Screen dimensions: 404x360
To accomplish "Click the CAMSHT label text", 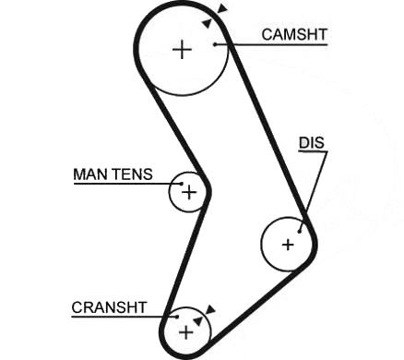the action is (x=294, y=34).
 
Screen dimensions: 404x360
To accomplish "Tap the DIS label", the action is (x=312, y=143).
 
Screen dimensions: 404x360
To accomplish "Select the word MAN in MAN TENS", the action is (x=91, y=174).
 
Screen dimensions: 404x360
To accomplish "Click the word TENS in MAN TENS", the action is (x=133, y=174).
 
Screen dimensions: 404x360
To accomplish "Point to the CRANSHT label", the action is (x=109, y=307).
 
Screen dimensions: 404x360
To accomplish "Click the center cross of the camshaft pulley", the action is (x=183, y=50).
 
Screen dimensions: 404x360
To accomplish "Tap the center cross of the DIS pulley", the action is (x=288, y=245).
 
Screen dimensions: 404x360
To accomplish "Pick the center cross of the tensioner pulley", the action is (x=189, y=193).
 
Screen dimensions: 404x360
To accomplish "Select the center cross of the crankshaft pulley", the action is (x=185, y=332).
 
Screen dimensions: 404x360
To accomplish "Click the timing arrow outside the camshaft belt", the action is (x=222, y=8).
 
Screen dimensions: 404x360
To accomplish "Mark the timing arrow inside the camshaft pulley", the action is (x=208, y=23).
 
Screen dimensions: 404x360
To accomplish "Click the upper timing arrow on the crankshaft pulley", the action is (x=210, y=310).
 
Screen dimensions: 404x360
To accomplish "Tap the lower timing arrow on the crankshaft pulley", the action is (x=197, y=321).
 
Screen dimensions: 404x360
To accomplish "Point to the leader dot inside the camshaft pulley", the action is (x=215, y=44).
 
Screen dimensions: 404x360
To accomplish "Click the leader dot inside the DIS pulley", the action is (x=300, y=231).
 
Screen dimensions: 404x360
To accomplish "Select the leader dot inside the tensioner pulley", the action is (x=182, y=184).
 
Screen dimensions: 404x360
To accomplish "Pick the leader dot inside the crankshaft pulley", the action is (x=177, y=317).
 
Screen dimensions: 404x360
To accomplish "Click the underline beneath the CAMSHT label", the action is (x=271, y=45).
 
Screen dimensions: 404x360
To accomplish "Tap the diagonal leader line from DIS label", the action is (x=314, y=191).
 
